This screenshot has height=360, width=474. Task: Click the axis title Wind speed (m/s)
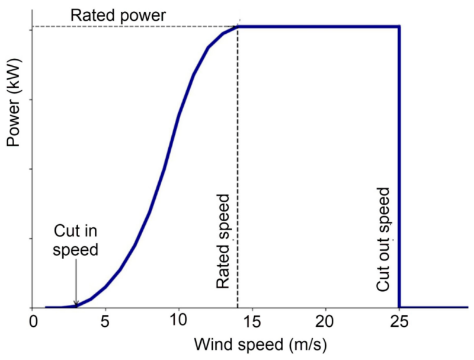coord(251,343)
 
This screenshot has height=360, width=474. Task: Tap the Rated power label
coord(118,15)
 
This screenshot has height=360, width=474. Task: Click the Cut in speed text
coord(75,240)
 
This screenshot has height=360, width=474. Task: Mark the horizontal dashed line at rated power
coord(130,26)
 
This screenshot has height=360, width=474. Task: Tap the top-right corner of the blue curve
coord(399,26)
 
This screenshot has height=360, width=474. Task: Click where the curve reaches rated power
coord(238,27)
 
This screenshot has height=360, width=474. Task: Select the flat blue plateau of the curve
coord(320,26)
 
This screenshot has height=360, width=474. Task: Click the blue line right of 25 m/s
coord(435,307)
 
